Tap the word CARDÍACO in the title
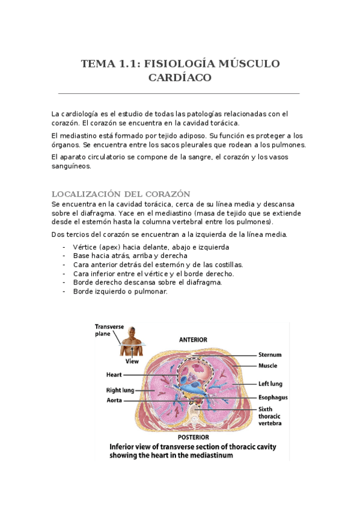tap(180, 78)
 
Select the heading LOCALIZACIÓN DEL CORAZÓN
tap(121, 194)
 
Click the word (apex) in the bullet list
tap(105, 247)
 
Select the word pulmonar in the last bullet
tap(151, 292)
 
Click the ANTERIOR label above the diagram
tap(194, 339)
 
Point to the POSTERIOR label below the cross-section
tap(194, 437)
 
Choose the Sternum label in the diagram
tap(270, 355)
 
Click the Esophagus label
tap(273, 398)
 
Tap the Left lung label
tap(270, 383)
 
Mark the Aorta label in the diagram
tap(116, 400)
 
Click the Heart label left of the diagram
tap(114, 375)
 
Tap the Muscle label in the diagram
tap(268, 365)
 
